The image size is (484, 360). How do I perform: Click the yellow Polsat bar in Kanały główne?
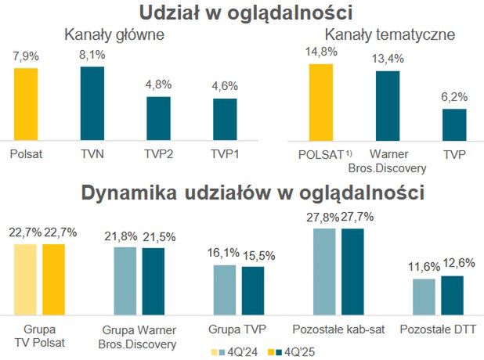26,103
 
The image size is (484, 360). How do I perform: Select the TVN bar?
92,102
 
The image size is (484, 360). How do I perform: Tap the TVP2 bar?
158,117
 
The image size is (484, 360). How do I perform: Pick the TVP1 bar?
225,117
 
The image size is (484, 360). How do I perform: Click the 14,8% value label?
321,52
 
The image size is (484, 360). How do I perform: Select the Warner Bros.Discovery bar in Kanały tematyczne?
388,104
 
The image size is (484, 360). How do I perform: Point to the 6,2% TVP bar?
454,123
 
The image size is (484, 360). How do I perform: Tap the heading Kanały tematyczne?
389,34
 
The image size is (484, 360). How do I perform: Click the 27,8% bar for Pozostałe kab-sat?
326,270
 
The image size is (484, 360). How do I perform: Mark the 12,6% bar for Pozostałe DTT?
453,293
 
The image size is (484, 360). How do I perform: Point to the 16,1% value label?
227,254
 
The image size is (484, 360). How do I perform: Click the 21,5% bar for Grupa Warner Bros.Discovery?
154,279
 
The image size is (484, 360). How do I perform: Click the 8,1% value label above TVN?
92,56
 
